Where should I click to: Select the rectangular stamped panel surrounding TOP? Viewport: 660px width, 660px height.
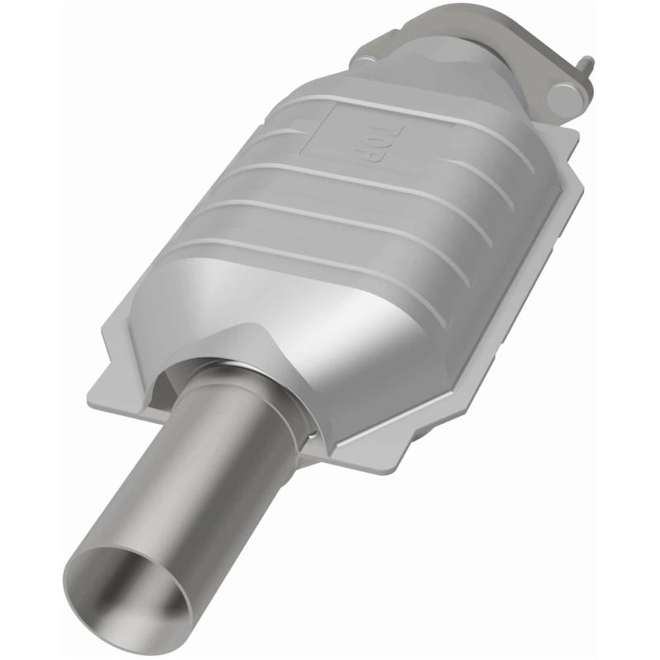[346, 132]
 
